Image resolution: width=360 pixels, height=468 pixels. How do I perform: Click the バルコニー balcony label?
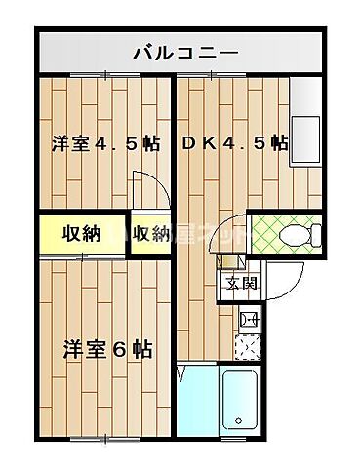181,51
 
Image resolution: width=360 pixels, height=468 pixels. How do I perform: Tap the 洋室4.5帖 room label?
105,144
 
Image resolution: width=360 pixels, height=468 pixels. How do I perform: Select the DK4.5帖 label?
234,143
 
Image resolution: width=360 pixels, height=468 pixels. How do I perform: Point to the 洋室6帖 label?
107,348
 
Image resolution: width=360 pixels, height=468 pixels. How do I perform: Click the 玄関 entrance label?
241,285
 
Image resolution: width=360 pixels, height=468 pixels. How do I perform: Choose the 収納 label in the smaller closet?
151,233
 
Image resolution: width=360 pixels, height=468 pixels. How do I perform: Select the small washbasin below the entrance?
247,317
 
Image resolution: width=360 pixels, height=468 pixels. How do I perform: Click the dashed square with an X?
248,345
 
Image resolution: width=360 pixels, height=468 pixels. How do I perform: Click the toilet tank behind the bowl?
316,234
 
